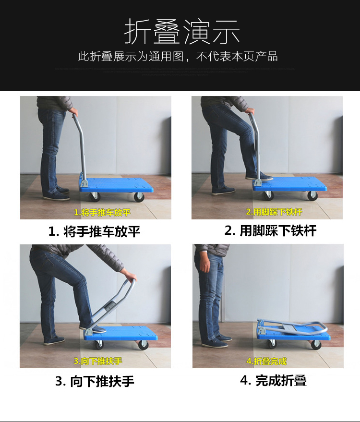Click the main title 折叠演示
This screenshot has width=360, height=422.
[182, 32]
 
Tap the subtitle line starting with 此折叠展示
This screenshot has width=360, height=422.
[178, 57]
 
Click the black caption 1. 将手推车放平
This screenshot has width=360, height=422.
[94, 231]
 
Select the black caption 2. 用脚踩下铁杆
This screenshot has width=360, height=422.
[270, 230]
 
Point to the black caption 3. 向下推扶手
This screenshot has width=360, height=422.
[95, 381]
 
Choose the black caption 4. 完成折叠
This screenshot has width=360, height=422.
[274, 381]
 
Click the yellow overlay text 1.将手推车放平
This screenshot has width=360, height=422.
[102, 212]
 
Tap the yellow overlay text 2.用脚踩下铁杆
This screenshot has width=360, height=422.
[274, 212]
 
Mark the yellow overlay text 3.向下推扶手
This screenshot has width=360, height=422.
[98, 361]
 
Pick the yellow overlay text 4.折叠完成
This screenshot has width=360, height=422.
[266, 361]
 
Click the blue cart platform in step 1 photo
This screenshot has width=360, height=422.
[116, 185]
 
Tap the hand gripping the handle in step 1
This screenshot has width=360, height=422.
[74, 113]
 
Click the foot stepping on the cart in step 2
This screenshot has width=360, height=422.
[259, 177]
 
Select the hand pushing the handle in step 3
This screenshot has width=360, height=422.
[132, 277]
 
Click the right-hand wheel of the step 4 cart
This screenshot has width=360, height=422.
[316, 345]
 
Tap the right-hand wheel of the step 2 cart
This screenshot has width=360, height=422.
[312, 196]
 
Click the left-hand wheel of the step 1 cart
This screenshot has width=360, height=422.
[95, 197]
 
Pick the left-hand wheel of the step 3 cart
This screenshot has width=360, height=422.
[99, 345]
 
